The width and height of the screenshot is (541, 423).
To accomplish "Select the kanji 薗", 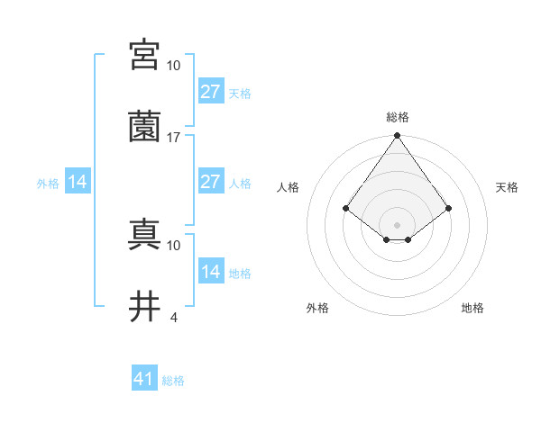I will pyautogui.click(x=145, y=126).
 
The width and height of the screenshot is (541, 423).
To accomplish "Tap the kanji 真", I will pyautogui.click(x=145, y=234).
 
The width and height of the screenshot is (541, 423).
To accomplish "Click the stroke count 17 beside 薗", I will pyautogui.click(x=174, y=138).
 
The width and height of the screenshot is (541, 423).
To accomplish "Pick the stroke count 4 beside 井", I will pyautogui.click(x=173, y=317).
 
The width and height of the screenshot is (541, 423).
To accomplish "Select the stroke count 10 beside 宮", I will pyautogui.click(x=174, y=66).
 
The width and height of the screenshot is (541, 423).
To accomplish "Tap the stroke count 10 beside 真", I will pyautogui.click(x=174, y=245).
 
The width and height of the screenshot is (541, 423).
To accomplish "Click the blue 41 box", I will pyautogui.click(x=144, y=379).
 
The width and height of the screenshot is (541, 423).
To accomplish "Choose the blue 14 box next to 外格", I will pyautogui.click(x=78, y=182).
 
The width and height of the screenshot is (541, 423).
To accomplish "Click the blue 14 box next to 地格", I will pyautogui.click(x=210, y=272).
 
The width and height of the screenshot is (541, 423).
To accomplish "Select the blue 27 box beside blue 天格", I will pyautogui.click(x=210, y=92).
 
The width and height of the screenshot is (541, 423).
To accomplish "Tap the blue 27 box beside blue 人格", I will pyautogui.click(x=210, y=182).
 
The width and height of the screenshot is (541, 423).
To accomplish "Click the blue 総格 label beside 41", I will pyautogui.click(x=173, y=381).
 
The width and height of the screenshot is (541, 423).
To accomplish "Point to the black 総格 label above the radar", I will pyautogui.click(x=398, y=117).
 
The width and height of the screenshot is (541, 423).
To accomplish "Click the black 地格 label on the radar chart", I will pyautogui.click(x=472, y=308).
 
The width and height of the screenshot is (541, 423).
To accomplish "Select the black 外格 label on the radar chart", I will pyautogui.click(x=317, y=308).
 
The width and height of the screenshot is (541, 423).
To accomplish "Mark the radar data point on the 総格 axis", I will pyautogui.click(x=397, y=137).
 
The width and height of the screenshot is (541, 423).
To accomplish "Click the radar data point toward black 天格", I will pyautogui.click(x=449, y=209).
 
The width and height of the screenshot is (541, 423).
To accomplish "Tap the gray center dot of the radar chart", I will pyautogui.click(x=397, y=225).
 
